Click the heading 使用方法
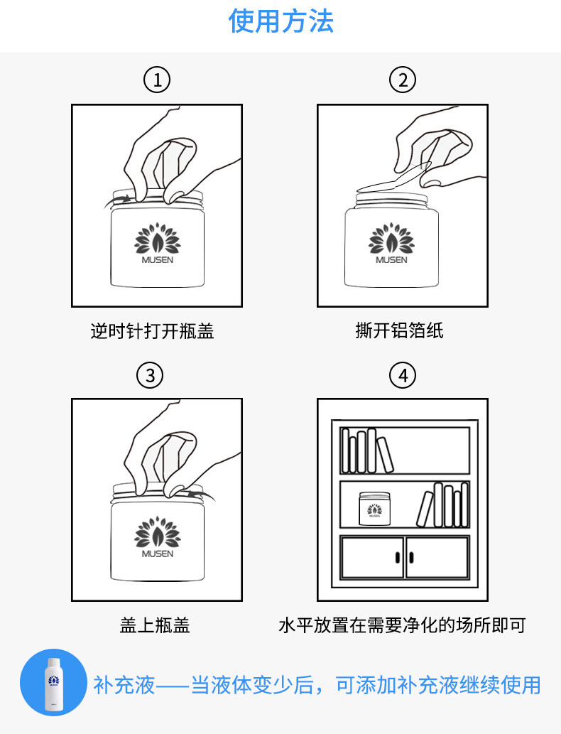click(280, 21)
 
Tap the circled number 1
click(157, 80)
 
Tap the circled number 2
click(403, 80)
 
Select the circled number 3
click(150, 374)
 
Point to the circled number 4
click(403, 374)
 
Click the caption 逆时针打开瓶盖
click(152, 331)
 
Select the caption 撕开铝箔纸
click(399, 331)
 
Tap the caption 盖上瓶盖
click(154, 625)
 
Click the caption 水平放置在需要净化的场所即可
click(402, 625)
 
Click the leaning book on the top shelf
click(384, 455)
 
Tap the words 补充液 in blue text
click(125, 685)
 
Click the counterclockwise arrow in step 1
click(118, 200)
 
